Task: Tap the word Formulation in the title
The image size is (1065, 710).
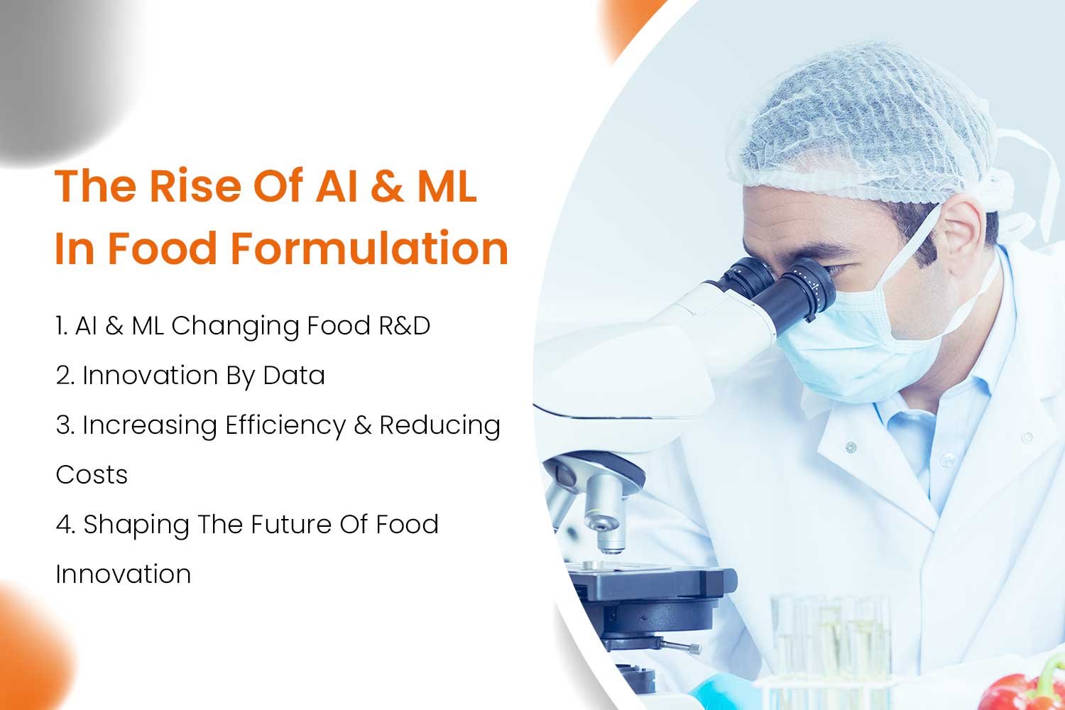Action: tap(370, 248)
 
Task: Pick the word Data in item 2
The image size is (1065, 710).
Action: tap(294, 375)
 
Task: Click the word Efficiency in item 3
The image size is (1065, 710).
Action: tap(285, 426)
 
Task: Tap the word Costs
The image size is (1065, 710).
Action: tap(92, 474)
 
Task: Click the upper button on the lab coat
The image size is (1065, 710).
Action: tap(851, 447)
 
